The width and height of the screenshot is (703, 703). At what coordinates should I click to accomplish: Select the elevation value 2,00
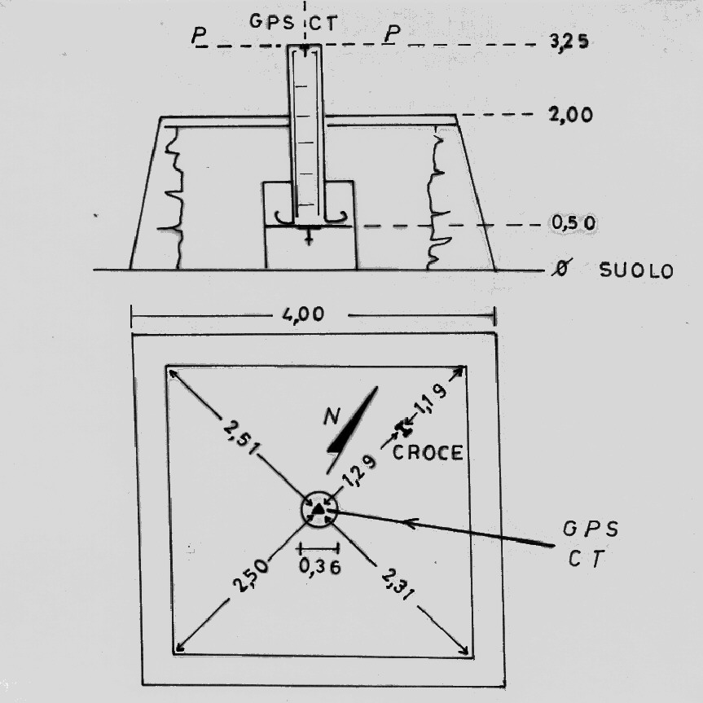570,115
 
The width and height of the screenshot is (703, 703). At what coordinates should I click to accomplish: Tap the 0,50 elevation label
570,223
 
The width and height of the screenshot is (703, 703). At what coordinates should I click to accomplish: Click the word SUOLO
636,271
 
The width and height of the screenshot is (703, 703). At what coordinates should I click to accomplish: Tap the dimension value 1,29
359,472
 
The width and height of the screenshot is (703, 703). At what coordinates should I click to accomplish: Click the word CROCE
428,454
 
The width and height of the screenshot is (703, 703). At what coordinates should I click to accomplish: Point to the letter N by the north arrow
331,417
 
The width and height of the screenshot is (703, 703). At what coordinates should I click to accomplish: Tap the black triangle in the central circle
318,512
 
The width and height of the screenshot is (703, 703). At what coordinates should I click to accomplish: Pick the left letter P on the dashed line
198,37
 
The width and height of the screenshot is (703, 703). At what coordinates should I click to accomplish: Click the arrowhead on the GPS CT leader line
411,523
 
